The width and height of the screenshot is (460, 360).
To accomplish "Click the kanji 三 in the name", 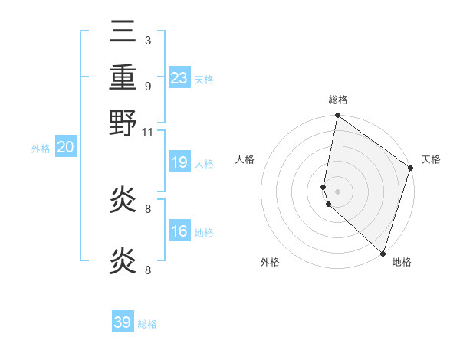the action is pyautogui.click(x=123, y=31).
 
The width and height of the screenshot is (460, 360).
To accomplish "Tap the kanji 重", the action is pyautogui.click(x=123, y=77).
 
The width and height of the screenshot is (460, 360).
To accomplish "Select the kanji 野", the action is pyautogui.click(x=123, y=123).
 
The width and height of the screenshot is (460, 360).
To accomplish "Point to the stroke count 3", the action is pyautogui.click(x=148, y=41).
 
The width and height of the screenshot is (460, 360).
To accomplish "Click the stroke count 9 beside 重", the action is pyautogui.click(x=148, y=86).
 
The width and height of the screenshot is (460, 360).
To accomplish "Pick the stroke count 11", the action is pyautogui.click(x=148, y=132).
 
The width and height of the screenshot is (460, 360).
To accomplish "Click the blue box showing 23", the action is pyautogui.click(x=179, y=78).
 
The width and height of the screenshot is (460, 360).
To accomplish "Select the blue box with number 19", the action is pyautogui.click(x=179, y=162).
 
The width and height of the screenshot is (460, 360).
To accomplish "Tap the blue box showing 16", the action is pyautogui.click(x=179, y=231).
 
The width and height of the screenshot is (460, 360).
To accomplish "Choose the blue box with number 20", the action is pyautogui.click(x=65, y=148).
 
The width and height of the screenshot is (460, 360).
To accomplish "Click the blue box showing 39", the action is pyautogui.click(x=123, y=322).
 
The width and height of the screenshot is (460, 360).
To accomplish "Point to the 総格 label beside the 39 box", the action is pyautogui.click(x=147, y=324).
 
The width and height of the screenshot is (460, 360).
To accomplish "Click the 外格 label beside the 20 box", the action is pyautogui.click(x=41, y=149).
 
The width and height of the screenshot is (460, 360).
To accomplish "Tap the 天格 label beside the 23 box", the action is pyautogui.click(x=203, y=80).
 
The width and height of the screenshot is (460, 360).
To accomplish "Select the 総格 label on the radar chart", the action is pyautogui.click(x=338, y=100).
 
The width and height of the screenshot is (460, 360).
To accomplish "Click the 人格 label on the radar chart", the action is pyautogui.click(x=245, y=159).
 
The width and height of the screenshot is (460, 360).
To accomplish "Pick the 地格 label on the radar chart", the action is pyautogui.click(x=402, y=262).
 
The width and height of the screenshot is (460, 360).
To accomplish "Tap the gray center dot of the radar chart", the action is pyautogui.click(x=338, y=191).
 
